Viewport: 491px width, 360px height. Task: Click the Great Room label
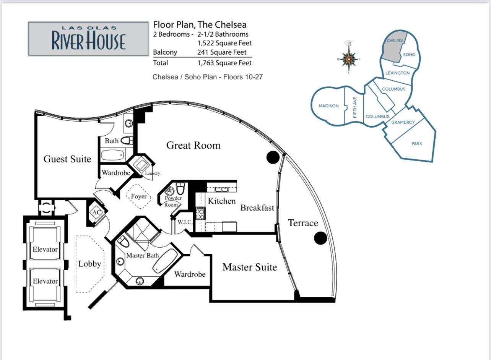coord(193,146)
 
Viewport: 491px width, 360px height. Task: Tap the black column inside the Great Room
coord(273,157)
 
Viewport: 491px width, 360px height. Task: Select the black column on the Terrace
coord(320,238)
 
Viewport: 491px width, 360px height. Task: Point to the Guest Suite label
coord(67,159)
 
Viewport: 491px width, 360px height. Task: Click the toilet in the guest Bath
coord(127,141)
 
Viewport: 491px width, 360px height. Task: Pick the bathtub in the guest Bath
coord(112,155)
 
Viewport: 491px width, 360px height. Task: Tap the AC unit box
coord(97,212)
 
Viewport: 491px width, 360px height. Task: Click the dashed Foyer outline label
coord(139,196)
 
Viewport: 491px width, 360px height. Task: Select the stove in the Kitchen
coord(200,213)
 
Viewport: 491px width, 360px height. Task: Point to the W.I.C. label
coord(185,222)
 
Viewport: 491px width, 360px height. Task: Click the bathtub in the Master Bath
coord(165,261)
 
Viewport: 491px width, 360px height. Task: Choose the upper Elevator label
coord(45,249)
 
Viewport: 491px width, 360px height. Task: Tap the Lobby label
coord(89,264)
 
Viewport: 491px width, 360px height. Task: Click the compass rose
coord(349,59)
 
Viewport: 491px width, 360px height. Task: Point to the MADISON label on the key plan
coord(328,106)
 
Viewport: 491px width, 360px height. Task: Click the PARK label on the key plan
coord(417,144)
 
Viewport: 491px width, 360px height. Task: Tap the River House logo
coord(89,39)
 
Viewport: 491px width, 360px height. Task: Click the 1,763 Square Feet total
coord(224,63)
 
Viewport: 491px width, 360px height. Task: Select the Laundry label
coord(153,174)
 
